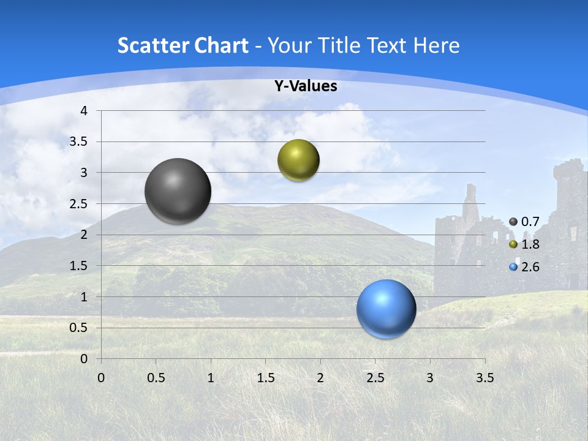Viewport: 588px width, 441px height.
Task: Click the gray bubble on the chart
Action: tap(178, 191)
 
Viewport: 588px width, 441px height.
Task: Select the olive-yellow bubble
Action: tap(298, 160)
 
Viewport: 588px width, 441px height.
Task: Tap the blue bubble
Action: tap(386, 309)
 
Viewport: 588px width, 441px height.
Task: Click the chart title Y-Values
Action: tap(305, 86)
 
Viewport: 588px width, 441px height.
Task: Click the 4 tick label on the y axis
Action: tap(84, 111)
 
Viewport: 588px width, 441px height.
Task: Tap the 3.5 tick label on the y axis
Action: tap(79, 141)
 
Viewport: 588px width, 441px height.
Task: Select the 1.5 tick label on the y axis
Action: tap(79, 266)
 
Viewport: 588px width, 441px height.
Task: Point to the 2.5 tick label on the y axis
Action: tap(79, 204)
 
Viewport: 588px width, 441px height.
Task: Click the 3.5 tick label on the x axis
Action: tap(484, 378)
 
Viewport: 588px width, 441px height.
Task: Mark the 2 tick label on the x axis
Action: tap(320, 378)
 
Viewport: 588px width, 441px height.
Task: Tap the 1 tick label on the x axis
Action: tap(211, 378)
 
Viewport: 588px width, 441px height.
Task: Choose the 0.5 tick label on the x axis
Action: tap(156, 378)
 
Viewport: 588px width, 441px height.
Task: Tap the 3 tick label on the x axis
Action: tap(430, 378)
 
